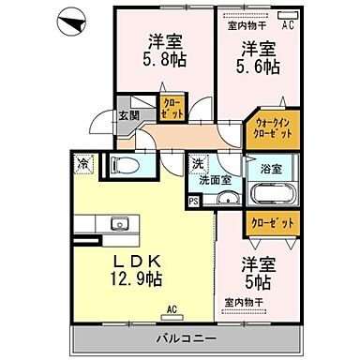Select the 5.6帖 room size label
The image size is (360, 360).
259,67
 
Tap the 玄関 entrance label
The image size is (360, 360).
128,115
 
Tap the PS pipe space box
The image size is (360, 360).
194,200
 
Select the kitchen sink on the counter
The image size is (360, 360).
118,225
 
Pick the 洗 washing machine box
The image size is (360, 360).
197,162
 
